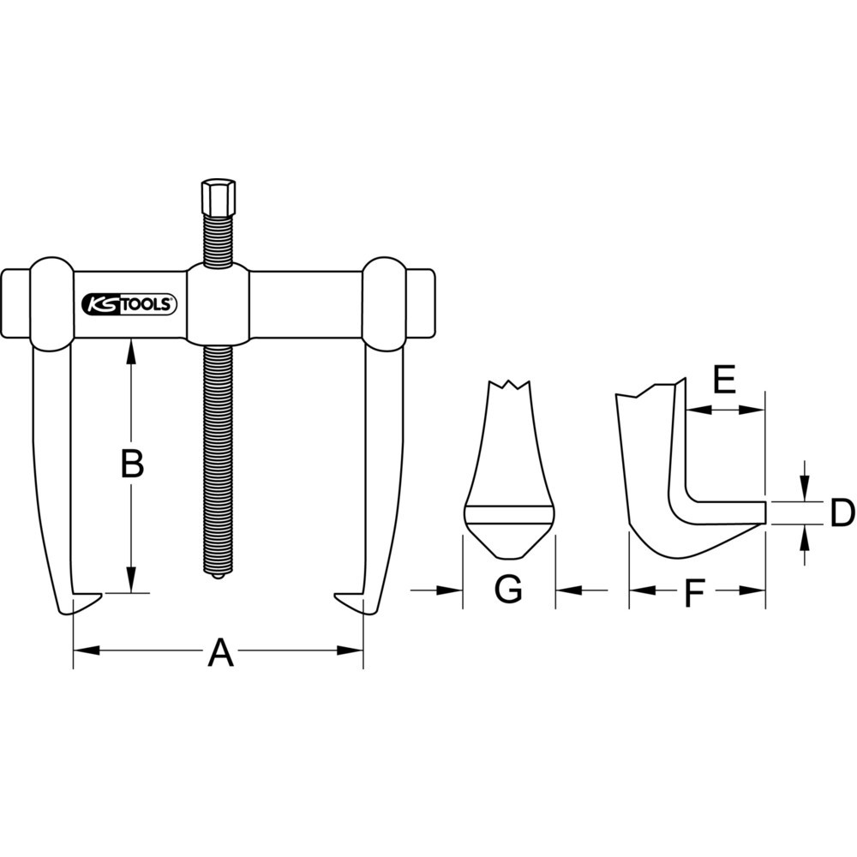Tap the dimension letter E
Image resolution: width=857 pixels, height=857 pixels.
[x=724, y=379]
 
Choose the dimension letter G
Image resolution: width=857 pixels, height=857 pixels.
[x=508, y=590]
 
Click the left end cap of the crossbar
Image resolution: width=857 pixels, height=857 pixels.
[x=16, y=305]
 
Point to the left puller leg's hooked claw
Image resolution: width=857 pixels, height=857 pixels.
[x=81, y=602]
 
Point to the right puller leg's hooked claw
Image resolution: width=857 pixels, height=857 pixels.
[x=353, y=602]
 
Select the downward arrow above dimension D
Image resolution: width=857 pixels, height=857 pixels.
[x=804, y=488]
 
